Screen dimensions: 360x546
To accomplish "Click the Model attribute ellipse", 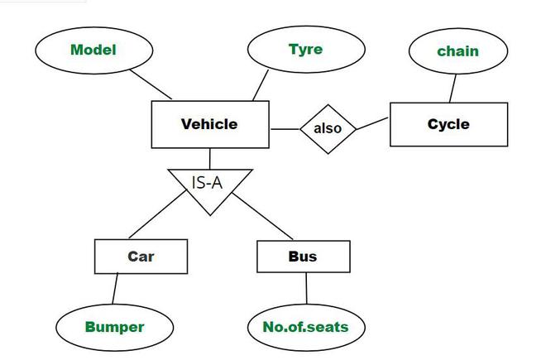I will [x=94, y=50].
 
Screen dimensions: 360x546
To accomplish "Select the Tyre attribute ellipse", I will [x=306, y=49].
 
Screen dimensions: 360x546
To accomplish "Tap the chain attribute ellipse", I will [x=457, y=51].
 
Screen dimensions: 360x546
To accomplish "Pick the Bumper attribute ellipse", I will [x=114, y=326].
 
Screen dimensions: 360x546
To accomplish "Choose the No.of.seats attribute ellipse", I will [x=306, y=326].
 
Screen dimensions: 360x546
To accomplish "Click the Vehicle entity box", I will [x=209, y=124].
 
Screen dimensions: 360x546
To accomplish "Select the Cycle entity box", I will [x=448, y=124].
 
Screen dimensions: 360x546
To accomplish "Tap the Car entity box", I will [x=141, y=257].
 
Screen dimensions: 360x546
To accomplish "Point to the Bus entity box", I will [x=303, y=257].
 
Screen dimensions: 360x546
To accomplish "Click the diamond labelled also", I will [x=328, y=128].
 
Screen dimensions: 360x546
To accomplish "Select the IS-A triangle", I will [x=209, y=185].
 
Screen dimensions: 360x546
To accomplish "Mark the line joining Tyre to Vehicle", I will [x=261, y=84].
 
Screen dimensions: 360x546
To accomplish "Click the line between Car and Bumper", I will [x=115, y=289].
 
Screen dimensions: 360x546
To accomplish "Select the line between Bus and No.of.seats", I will [x=306, y=289].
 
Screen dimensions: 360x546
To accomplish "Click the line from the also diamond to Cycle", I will [x=371, y=123].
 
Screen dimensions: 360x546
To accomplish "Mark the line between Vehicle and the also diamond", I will [x=284, y=129].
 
